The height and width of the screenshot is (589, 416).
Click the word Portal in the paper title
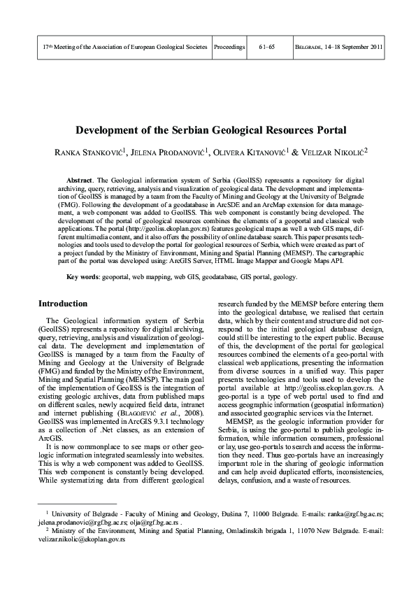pos(310,130)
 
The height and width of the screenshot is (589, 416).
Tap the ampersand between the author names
pos(295,151)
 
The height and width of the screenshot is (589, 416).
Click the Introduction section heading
pos(63,304)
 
